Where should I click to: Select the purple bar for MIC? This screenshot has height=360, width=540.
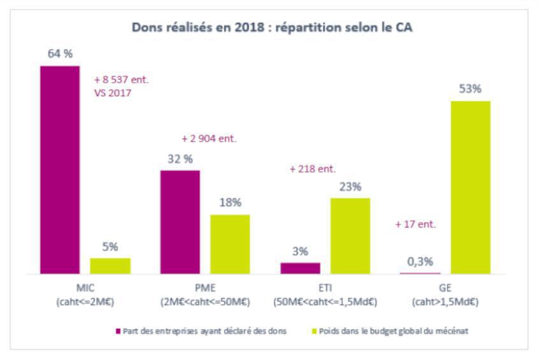coord(60,169)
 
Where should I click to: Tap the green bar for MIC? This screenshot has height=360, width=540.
coord(110,266)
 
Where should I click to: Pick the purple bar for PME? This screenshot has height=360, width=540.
coord(180,222)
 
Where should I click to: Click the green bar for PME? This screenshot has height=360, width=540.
coord(230,244)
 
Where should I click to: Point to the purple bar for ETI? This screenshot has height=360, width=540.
coord(300,268)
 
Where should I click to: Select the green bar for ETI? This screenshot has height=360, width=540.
coord(350,236)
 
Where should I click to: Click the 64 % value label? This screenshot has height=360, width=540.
coord(60,54)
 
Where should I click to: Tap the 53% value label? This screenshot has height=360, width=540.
coord(471,89)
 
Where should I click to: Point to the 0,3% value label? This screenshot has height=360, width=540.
coord(420,261)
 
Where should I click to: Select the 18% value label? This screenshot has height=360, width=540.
coord(230,203)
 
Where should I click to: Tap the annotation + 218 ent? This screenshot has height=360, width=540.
coord(312,169)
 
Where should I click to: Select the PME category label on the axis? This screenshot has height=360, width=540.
coord(204,287)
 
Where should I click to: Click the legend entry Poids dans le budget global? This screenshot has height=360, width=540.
coord(392,331)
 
